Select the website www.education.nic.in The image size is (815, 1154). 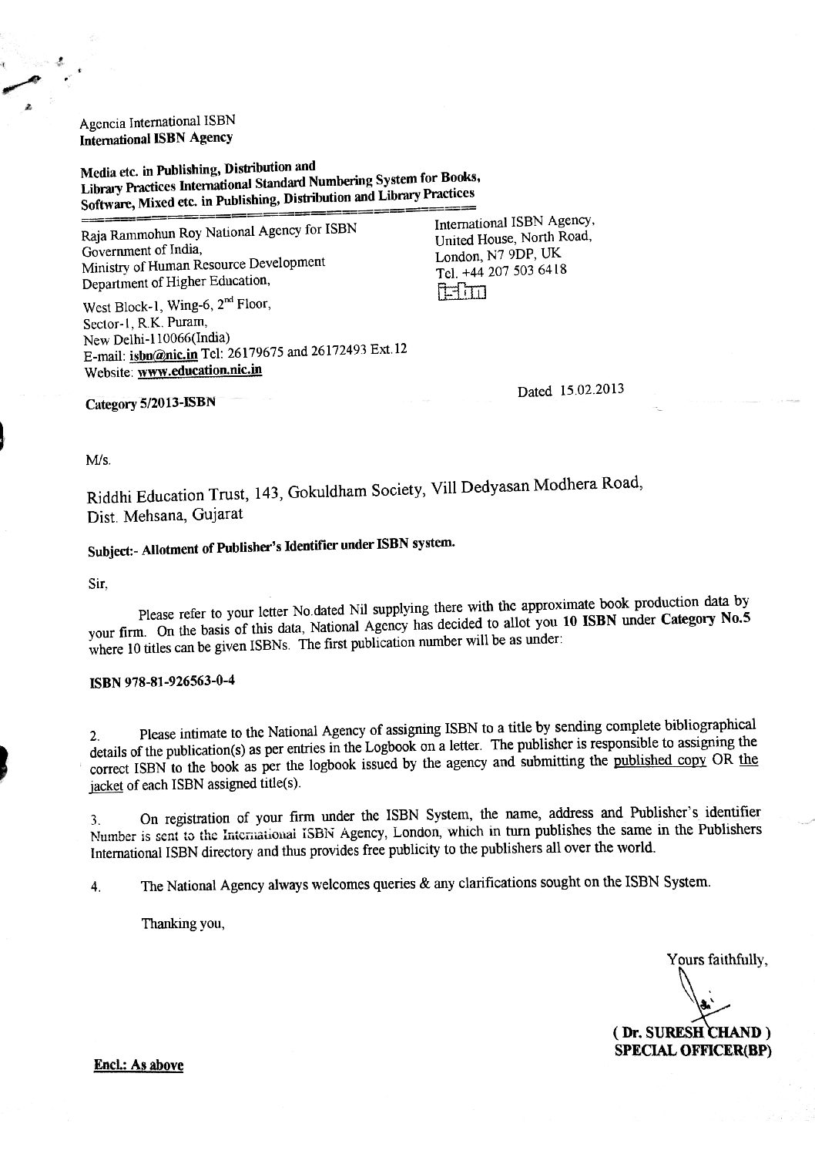(200, 370)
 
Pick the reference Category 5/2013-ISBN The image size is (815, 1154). (151, 403)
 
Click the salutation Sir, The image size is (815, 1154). (99, 583)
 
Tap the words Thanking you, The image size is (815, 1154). (183, 923)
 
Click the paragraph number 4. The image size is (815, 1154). (96, 887)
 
